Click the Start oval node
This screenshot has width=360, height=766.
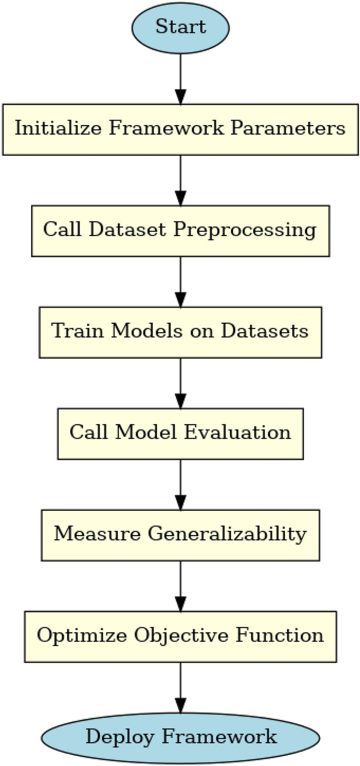click(181, 27)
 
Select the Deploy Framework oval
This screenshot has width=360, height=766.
click(181, 737)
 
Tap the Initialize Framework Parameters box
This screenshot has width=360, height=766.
click(180, 129)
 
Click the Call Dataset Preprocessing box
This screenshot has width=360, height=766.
click(180, 230)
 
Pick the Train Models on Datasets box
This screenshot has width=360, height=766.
click(180, 332)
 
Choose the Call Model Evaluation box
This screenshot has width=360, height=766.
click(180, 433)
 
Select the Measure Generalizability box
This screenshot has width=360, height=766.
click(180, 535)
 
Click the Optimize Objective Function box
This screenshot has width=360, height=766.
click(180, 636)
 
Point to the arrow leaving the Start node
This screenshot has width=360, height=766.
click(181, 78)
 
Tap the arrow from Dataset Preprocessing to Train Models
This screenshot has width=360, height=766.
click(181, 281)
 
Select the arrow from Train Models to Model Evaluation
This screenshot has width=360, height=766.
click(181, 382)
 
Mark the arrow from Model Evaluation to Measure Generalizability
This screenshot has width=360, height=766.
click(181, 484)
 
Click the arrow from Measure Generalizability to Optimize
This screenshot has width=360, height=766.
click(181, 585)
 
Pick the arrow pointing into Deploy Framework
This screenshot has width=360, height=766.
click(181, 686)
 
